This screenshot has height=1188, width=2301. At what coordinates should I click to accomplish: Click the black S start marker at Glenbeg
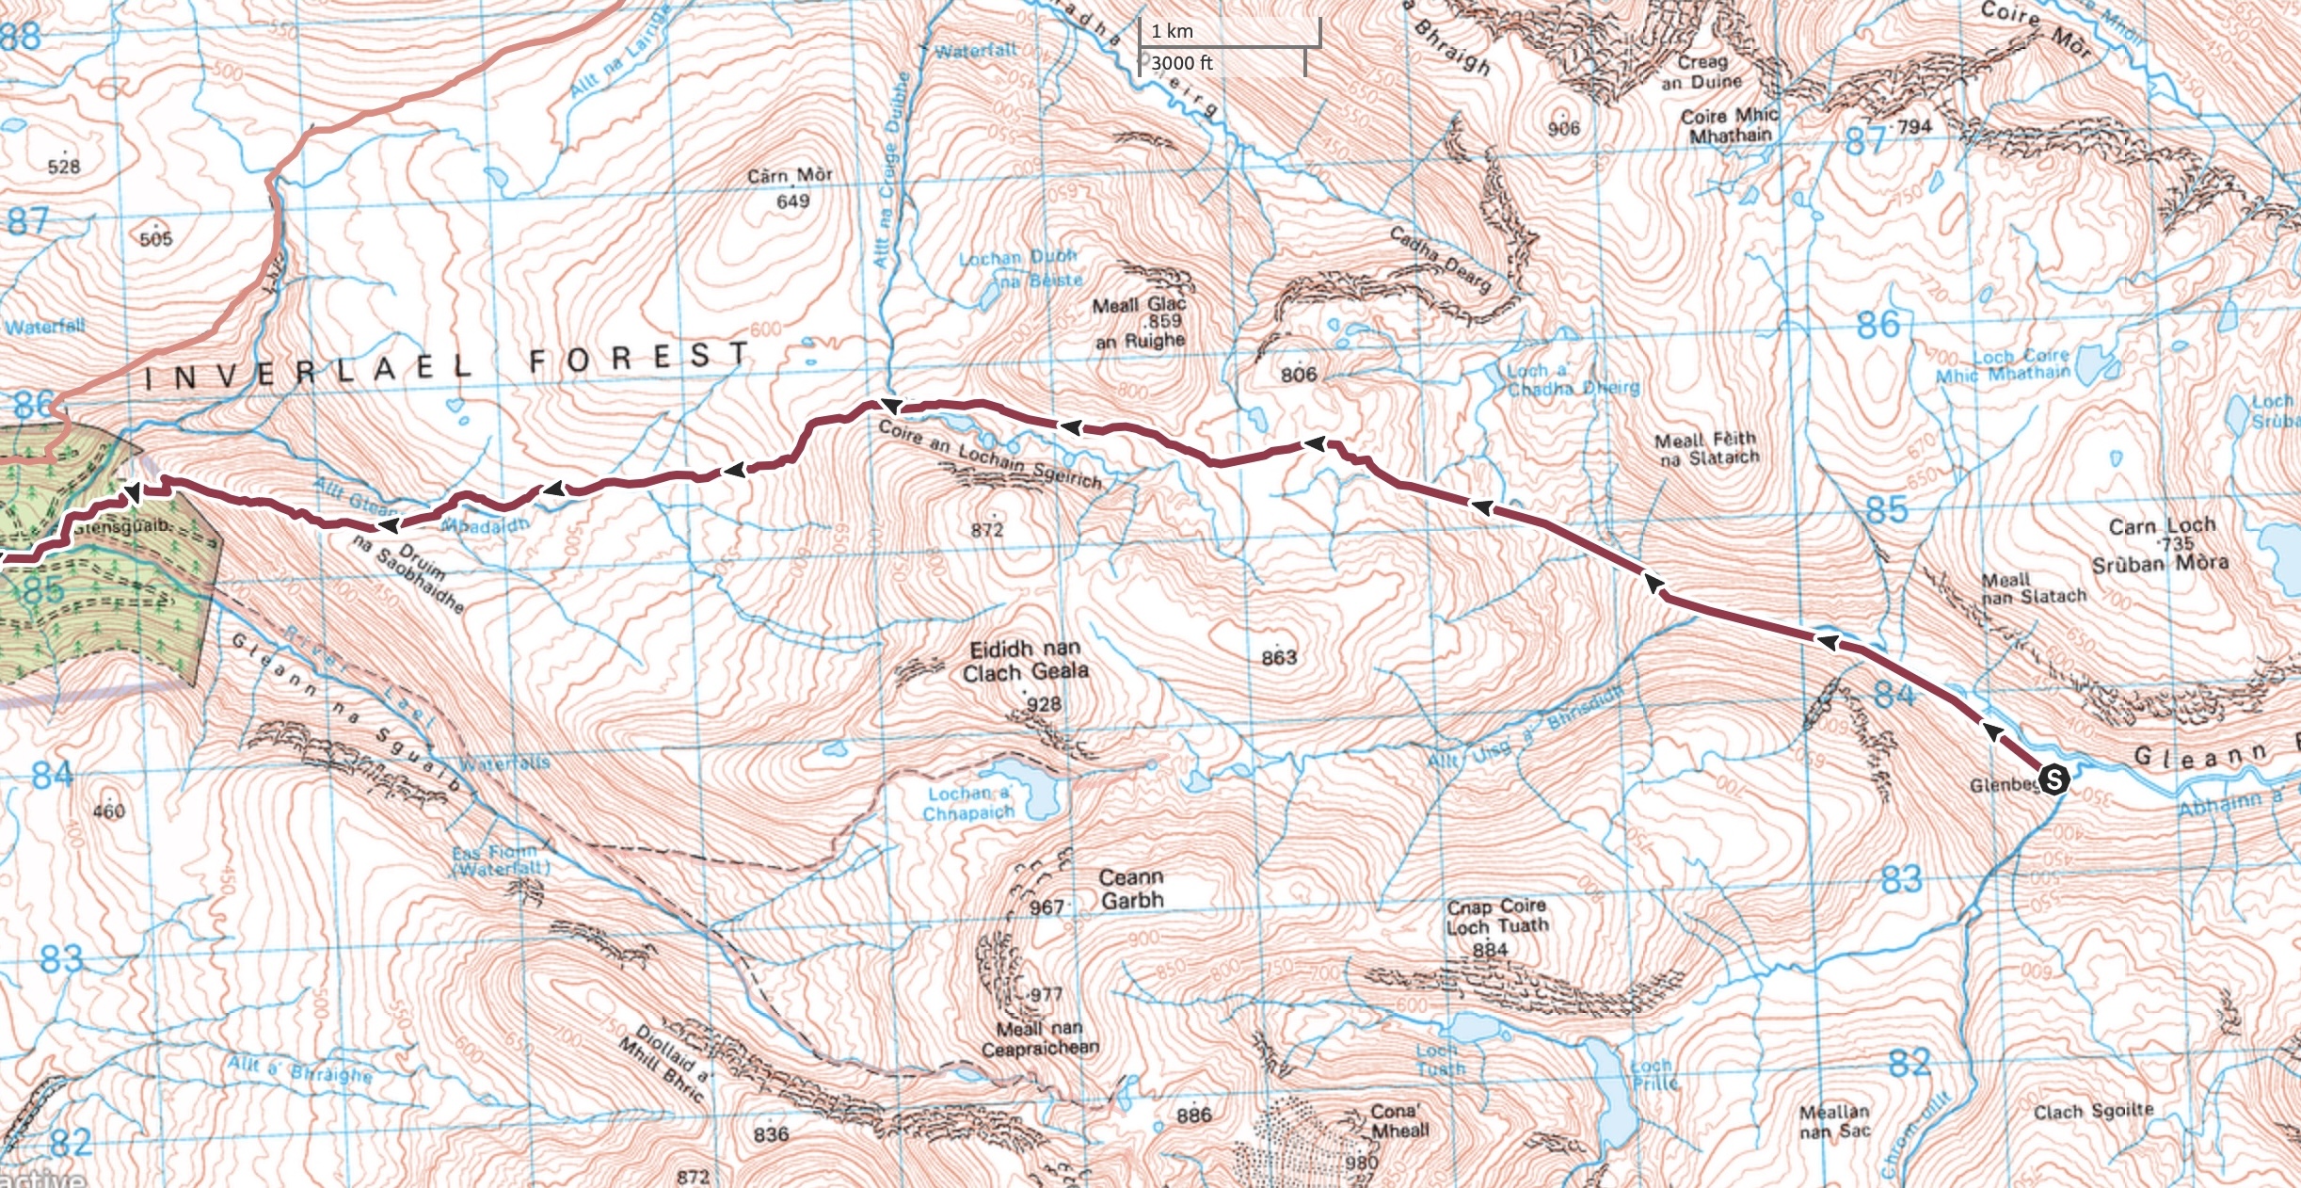(x=2053, y=779)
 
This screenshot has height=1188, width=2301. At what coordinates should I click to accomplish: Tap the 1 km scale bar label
(x=1173, y=31)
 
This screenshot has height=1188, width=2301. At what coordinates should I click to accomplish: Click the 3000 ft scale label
(x=1182, y=63)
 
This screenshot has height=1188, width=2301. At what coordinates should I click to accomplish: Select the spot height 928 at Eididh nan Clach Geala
(x=1044, y=704)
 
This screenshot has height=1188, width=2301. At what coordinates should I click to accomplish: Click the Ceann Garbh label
(x=1131, y=889)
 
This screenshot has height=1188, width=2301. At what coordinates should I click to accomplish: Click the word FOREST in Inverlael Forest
(x=640, y=357)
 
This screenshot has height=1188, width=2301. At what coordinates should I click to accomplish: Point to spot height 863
(x=1279, y=657)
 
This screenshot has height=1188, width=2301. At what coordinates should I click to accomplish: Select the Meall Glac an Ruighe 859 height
(x=1164, y=322)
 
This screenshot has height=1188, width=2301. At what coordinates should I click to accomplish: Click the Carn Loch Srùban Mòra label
(x=2160, y=545)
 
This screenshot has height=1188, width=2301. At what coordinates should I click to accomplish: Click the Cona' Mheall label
(x=1399, y=1121)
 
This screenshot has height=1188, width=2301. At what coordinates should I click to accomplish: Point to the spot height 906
(x=1563, y=129)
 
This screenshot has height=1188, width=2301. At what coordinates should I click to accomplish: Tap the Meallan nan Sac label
(x=1834, y=1121)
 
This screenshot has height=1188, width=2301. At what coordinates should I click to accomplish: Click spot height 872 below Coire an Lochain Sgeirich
(x=987, y=530)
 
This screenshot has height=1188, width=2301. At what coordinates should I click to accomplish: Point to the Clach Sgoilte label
(x=2093, y=1112)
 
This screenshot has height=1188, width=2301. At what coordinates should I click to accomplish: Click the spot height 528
(x=64, y=167)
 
